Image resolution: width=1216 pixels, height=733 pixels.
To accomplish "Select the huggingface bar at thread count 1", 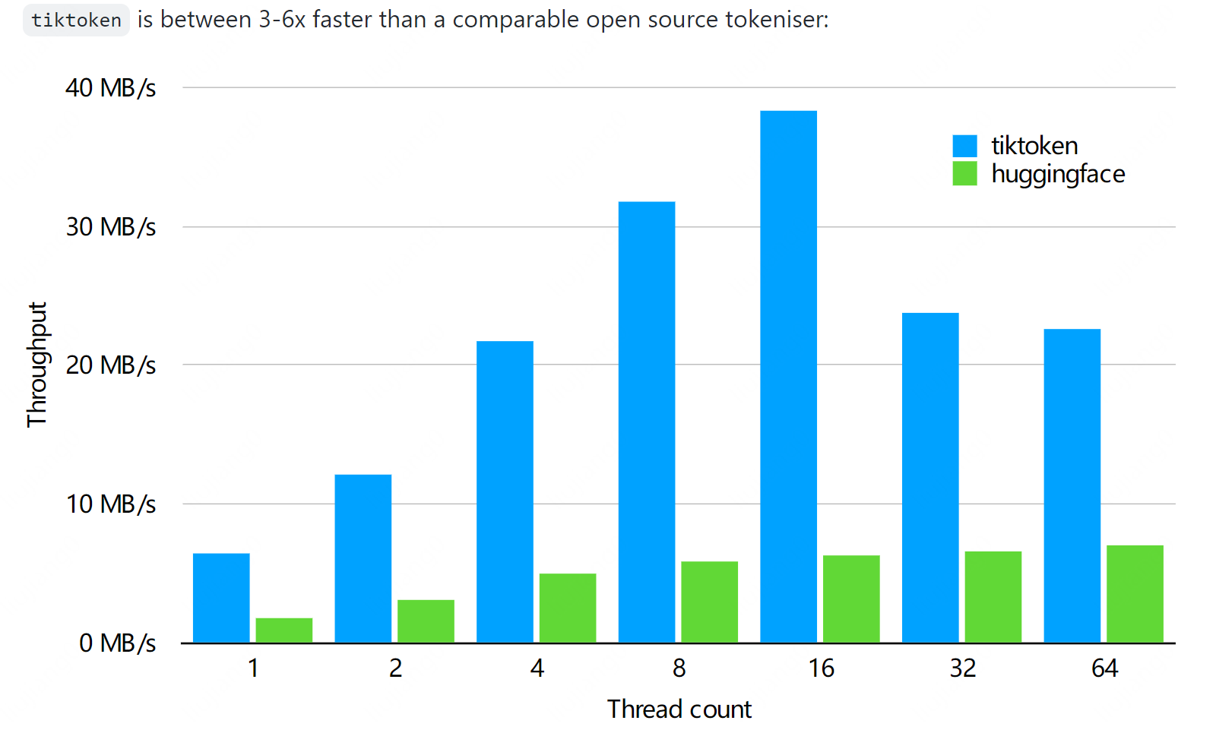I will coord(283,630).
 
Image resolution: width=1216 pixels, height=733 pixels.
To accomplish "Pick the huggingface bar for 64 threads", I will coord(1135,594).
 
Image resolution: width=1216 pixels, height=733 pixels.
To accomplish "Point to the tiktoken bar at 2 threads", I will coord(363,559).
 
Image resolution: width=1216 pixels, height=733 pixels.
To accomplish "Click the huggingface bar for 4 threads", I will coord(567,608).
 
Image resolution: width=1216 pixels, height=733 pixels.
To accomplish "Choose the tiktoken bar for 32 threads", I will coord(930,478).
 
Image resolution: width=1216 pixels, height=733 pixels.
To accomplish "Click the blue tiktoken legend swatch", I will coord(964,146).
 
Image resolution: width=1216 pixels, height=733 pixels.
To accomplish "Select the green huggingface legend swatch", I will coord(964,174).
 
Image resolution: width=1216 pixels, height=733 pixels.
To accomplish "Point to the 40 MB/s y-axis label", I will coord(110,88).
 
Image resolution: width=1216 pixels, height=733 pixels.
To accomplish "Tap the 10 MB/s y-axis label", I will coord(110,504).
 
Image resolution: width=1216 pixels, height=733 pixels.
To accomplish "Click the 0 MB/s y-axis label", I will coord(117,643).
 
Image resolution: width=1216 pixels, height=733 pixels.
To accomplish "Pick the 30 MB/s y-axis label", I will coord(110,227).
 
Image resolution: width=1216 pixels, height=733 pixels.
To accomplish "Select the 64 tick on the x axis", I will coord(1104,668).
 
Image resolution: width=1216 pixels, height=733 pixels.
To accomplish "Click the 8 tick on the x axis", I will coord(679,668).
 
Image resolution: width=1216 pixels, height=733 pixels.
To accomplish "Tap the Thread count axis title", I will coord(679,709).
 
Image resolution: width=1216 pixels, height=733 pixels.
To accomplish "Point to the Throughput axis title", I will coord(36,365).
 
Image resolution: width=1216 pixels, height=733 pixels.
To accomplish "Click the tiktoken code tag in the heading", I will coord(76,21).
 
